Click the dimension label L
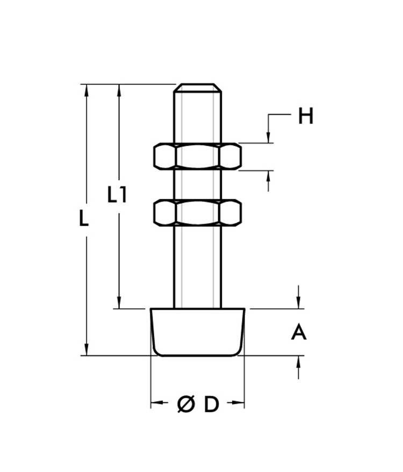point(83,219)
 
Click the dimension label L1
point(117,195)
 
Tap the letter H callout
point(306,116)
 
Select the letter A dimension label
point(299,333)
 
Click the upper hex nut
point(197,156)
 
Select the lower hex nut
point(197,212)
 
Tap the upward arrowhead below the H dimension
point(268,175)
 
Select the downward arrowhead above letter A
point(299,304)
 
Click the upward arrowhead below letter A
point(299,361)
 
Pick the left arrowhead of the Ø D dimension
point(155,404)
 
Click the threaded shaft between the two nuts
point(197,184)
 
